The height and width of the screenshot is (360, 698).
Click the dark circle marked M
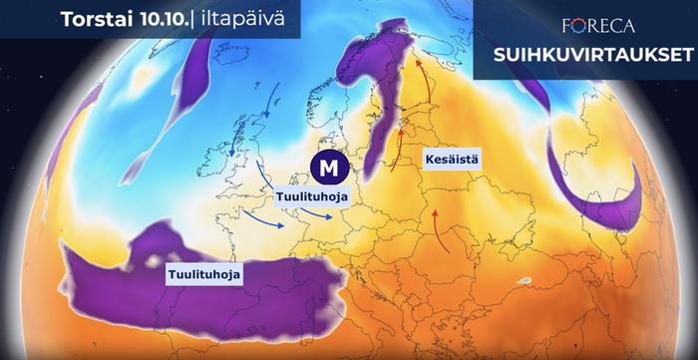[x=325, y=167]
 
